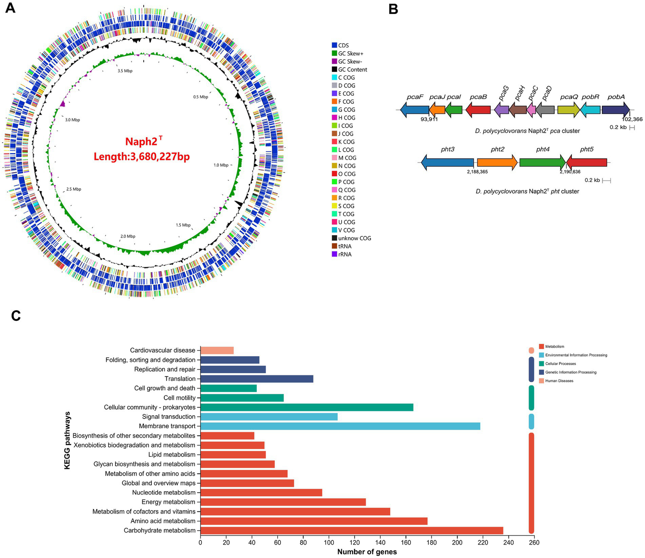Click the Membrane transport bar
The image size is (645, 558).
click(340, 426)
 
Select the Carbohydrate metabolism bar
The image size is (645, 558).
click(352, 530)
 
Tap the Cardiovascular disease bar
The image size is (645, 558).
click(217, 350)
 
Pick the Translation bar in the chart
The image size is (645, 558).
click(257, 379)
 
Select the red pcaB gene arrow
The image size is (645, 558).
click(478, 110)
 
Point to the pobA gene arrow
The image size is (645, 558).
click(616, 110)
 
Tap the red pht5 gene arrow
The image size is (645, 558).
click(587, 162)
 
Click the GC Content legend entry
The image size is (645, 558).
click(352, 70)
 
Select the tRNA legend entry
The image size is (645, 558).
click(345, 246)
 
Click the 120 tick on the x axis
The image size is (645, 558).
click(355, 542)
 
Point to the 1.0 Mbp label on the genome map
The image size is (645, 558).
click(221, 165)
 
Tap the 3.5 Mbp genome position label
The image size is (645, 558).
click(125, 71)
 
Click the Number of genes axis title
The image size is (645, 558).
click(367, 552)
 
